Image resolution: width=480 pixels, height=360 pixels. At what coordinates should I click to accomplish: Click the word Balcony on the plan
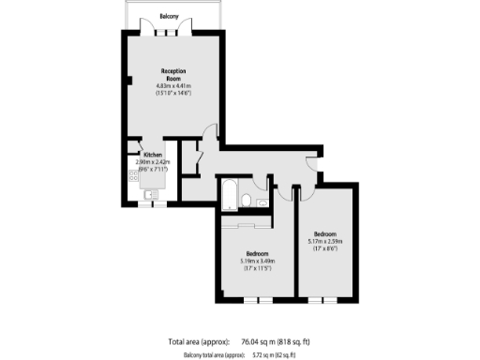169,16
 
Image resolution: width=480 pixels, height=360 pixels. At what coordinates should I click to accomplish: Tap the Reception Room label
174,75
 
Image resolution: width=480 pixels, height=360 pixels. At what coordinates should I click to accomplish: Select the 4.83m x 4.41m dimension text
174,87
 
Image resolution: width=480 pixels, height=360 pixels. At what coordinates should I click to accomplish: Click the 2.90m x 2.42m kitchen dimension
156,162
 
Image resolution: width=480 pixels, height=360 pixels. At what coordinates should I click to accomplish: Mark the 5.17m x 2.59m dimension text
325,240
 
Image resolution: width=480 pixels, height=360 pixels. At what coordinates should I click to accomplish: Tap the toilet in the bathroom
246,201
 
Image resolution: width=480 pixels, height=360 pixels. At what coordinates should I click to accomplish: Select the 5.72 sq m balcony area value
265,354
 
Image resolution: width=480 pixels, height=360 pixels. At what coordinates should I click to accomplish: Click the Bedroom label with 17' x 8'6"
325,232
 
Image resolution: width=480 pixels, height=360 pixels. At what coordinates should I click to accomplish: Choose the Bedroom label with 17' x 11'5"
257,254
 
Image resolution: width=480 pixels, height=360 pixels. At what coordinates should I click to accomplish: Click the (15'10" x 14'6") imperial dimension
174,94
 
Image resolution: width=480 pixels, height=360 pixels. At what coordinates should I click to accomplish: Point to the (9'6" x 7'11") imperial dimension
156,169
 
